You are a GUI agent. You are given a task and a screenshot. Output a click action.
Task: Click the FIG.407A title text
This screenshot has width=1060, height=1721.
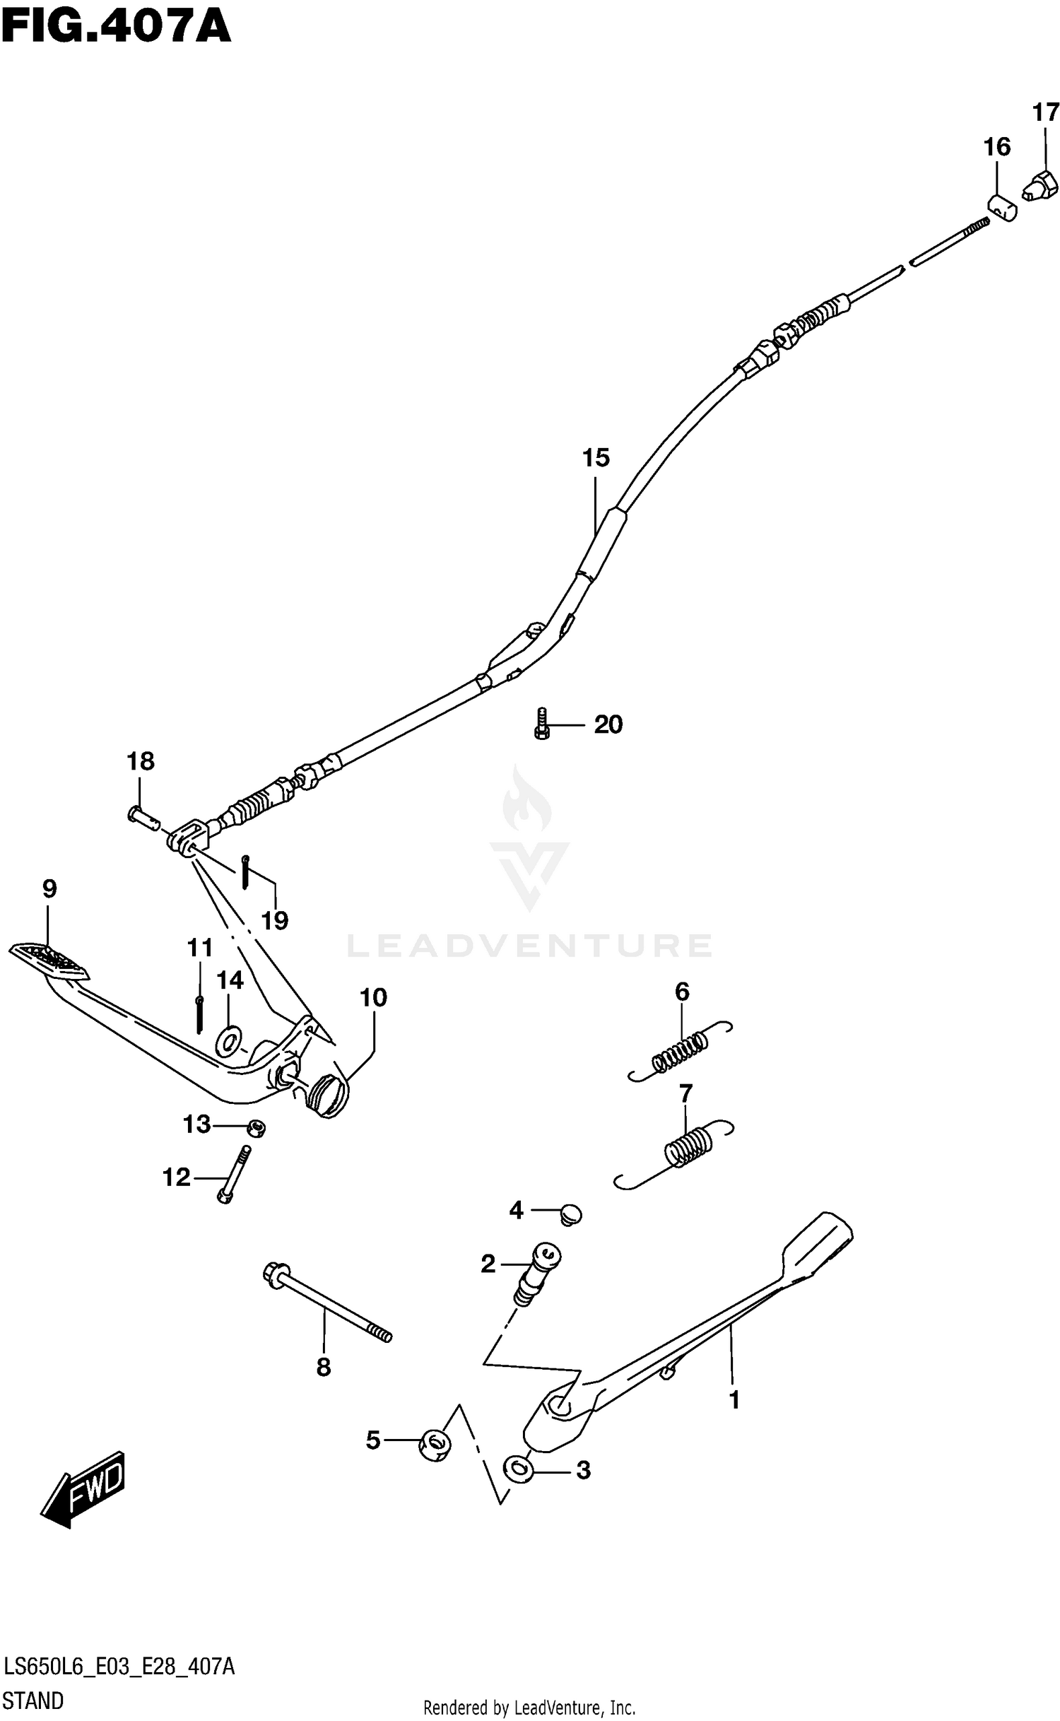[x=116, y=29]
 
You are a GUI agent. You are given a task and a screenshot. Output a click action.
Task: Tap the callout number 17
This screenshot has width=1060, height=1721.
[x=1045, y=112]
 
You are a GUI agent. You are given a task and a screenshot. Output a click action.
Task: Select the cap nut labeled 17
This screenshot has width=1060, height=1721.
[x=1041, y=185]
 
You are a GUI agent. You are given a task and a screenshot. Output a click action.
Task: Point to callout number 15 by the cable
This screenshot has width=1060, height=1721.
[x=595, y=459]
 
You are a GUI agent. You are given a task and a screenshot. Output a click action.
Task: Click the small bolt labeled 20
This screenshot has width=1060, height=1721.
[x=541, y=724]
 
